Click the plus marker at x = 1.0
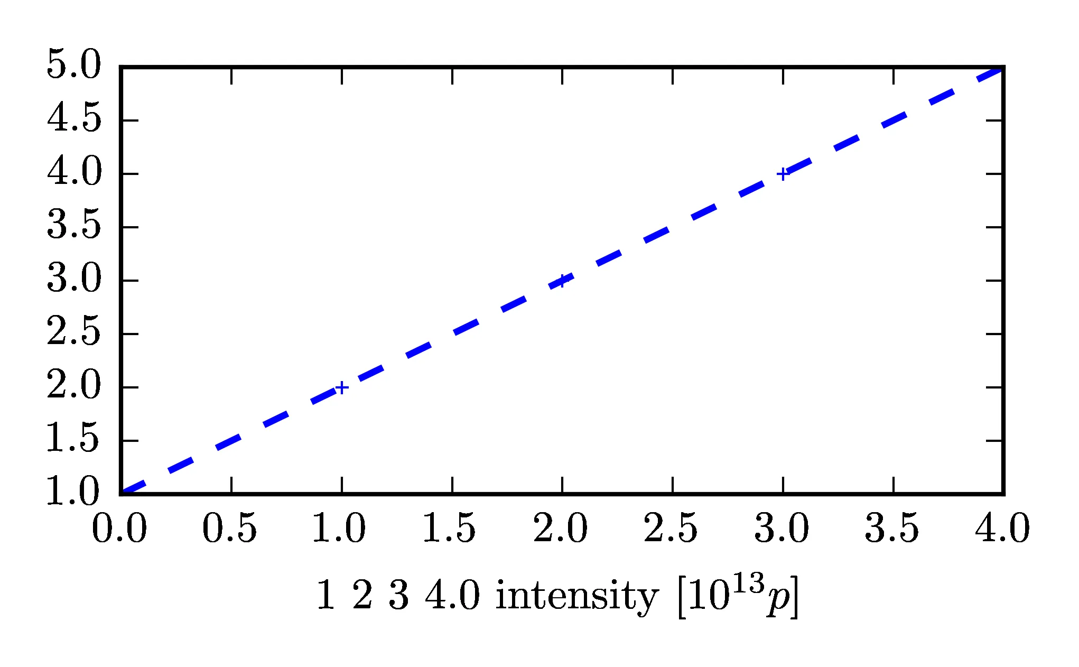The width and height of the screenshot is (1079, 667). tap(342, 387)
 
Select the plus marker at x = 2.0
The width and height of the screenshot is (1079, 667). tap(562, 281)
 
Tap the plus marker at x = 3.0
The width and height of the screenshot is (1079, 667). tap(783, 174)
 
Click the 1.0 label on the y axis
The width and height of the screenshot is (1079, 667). tap(73, 492)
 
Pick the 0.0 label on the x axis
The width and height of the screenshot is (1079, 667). tap(119, 529)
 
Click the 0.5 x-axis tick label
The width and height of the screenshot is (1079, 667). tap(230, 529)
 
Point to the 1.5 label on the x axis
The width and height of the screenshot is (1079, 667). tap(450, 529)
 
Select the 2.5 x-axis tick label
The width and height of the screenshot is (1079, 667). tap(671, 529)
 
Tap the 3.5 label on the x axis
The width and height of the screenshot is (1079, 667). tap(892, 529)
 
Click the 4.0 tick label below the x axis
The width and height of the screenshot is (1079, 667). tap(1002, 529)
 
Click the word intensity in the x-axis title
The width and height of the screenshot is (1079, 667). tap(577, 596)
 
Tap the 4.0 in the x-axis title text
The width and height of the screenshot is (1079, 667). tap(453, 596)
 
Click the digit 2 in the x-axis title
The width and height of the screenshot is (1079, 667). tap(362, 596)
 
